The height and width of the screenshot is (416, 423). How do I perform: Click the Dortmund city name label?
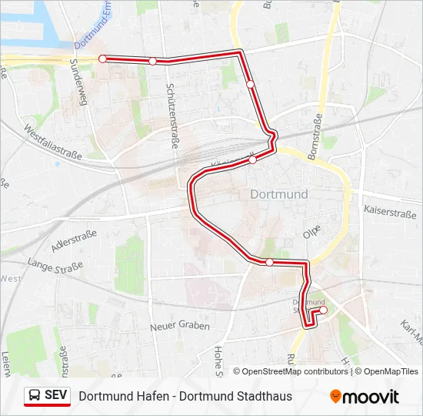tap(279, 194)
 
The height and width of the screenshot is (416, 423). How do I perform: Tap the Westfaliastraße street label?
tap(54, 144)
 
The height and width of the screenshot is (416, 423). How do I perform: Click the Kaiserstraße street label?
tap(391, 210)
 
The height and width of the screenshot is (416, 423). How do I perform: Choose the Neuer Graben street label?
tap(180, 326)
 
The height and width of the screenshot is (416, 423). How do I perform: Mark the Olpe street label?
tap(311, 230)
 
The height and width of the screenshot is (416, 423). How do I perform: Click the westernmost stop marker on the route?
tap(102, 58)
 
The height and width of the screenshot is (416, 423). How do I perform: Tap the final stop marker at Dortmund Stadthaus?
tap(323, 310)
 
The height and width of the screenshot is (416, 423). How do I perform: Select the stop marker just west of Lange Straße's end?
tap(269, 262)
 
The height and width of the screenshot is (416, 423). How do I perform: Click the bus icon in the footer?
tap(35, 396)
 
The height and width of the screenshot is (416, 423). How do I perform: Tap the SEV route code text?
tap(56, 396)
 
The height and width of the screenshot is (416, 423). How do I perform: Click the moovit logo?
tap(365, 397)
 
